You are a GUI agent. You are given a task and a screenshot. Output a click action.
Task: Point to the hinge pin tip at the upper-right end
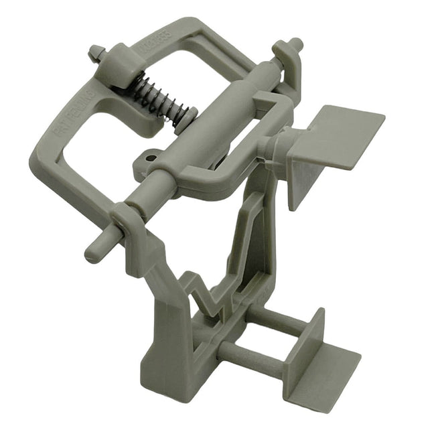click(295, 45)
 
